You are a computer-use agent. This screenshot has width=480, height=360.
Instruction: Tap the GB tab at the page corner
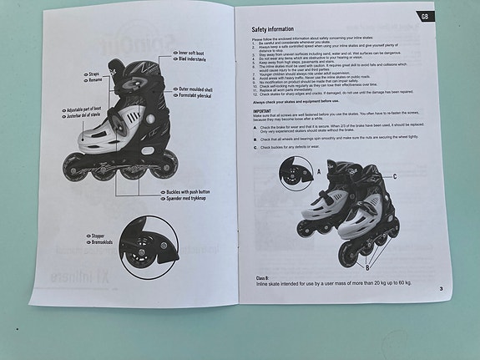pyautogui.click(x=426, y=17)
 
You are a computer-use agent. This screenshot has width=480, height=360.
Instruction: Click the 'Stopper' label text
pyautogui.click(x=99, y=236)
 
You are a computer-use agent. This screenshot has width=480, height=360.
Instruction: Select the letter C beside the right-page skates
pyautogui.click(x=394, y=177)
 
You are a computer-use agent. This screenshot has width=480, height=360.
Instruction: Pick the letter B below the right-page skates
pyautogui.click(x=366, y=267)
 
